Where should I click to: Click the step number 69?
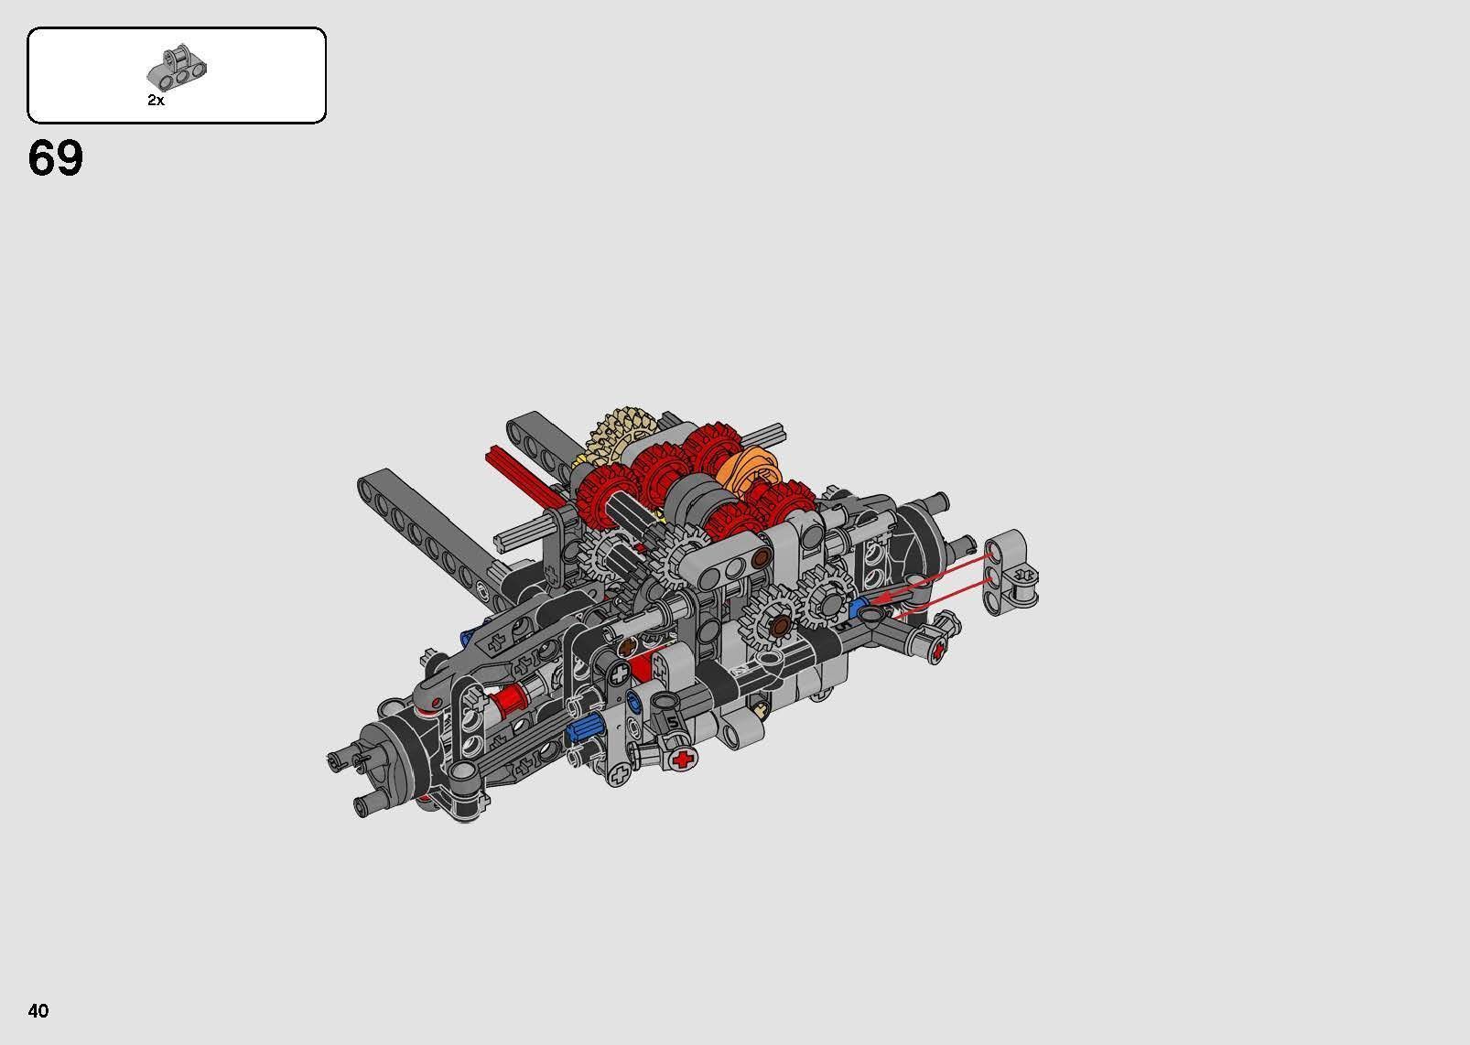(x=56, y=158)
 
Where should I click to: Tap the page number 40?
(x=38, y=1010)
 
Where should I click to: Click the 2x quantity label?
(x=156, y=101)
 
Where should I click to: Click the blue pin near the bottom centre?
(x=583, y=731)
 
